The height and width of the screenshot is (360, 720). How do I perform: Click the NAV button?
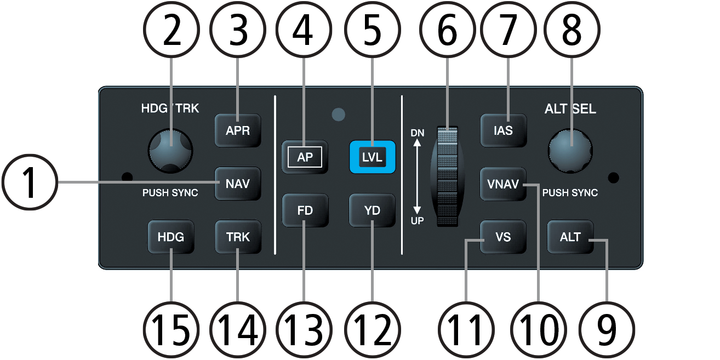pyautogui.click(x=238, y=184)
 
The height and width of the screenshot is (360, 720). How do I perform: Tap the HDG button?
pyautogui.click(x=170, y=237)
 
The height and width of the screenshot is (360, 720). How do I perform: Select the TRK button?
pyautogui.click(x=238, y=237)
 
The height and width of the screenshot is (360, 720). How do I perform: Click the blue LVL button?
pyautogui.click(x=372, y=157)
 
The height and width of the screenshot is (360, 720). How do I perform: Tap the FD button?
pyautogui.click(x=305, y=210)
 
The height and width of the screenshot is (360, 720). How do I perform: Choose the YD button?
pyautogui.click(x=372, y=210)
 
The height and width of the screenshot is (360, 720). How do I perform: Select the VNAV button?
pyautogui.click(x=503, y=184)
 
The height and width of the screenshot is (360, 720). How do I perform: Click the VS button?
pyautogui.click(x=503, y=237)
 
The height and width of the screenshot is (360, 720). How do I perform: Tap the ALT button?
pyautogui.click(x=570, y=237)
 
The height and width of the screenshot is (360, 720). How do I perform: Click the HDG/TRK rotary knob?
pyautogui.click(x=170, y=151)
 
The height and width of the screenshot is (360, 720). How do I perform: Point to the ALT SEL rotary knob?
pyautogui.click(x=570, y=151)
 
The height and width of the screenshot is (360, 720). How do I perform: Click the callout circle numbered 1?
pyautogui.click(x=30, y=182)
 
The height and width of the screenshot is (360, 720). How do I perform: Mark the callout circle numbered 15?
pyautogui.click(x=171, y=330)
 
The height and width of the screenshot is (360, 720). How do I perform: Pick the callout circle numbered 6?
pyautogui.click(x=448, y=30)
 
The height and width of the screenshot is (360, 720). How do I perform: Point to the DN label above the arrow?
pyautogui.click(x=417, y=133)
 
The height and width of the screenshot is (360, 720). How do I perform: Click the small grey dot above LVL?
pyautogui.click(x=338, y=115)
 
